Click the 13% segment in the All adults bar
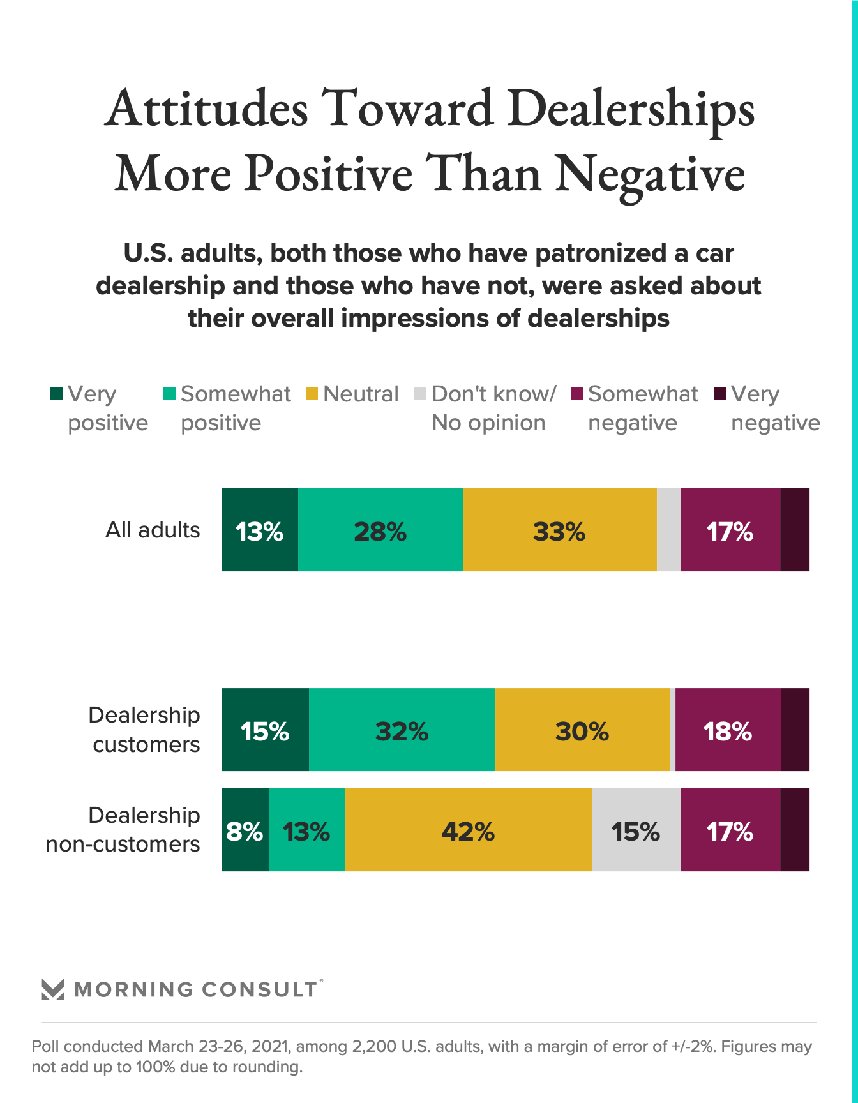coord(259,530)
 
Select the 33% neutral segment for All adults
coord(559,530)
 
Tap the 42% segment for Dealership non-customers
coord(468,830)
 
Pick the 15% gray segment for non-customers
coord(635,830)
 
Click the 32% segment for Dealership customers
coord(402,730)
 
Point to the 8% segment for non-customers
coord(245,830)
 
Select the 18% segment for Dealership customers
coord(728,730)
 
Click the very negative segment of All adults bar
coord(795,530)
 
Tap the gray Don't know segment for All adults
coord(668,530)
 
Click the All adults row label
coord(153,530)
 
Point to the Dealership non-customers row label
coord(123,830)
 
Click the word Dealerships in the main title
coord(630,109)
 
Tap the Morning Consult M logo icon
coord(52,989)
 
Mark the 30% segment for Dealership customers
coord(582,730)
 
